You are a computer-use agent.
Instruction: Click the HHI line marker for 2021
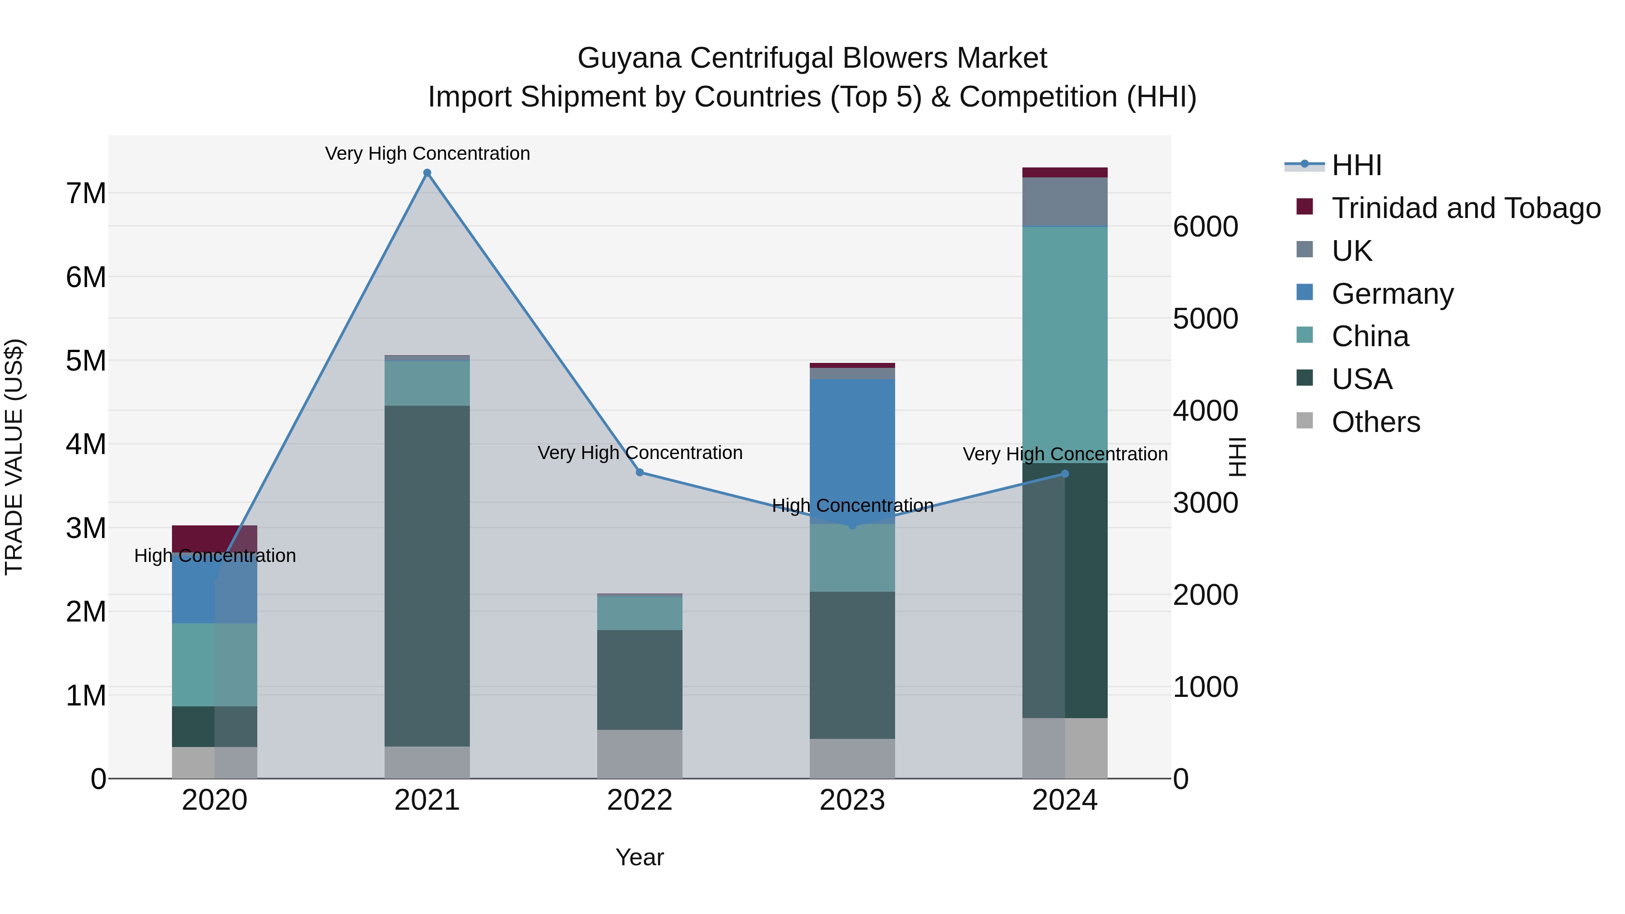click(427, 173)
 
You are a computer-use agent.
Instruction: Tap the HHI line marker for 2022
click(640, 473)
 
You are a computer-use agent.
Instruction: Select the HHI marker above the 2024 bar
click(1065, 474)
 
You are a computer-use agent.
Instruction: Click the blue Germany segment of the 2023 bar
click(852, 441)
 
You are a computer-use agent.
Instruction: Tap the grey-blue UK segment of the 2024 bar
click(1065, 202)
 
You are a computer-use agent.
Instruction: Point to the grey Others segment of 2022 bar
click(640, 754)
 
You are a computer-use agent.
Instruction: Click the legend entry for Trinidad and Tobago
click(1465, 208)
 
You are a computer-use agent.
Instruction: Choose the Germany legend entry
click(1392, 294)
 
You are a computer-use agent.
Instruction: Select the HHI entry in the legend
click(1356, 165)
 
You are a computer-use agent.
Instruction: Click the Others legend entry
click(1375, 422)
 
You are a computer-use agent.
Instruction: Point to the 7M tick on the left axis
click(86, 194)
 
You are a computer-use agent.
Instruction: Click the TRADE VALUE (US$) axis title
click(14, 457)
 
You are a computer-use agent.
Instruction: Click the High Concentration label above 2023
click(852, 506)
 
